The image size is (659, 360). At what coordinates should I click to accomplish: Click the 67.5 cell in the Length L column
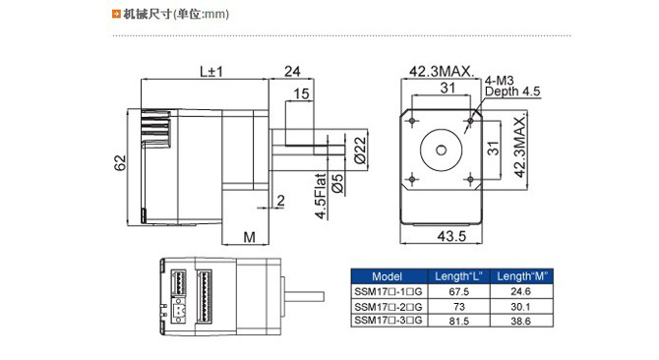(x=459, y=291)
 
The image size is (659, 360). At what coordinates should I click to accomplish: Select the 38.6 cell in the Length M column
(x=520, y=321)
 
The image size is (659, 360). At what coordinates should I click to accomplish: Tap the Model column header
(x=388, y=276)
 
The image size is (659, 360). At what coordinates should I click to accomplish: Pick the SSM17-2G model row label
(x=389, y=306)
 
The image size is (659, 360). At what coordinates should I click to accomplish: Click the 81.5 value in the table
(x=459, y=321)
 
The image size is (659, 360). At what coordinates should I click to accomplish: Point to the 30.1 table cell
(x=520, y=306)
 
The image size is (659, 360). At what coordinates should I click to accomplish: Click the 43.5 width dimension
(x=451, y=236)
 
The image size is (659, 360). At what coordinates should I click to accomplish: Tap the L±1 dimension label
(x=211, y=72)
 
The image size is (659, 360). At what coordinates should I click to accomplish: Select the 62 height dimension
(x=120, y=163)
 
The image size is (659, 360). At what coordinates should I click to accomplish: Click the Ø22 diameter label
(x=360, y=150)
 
